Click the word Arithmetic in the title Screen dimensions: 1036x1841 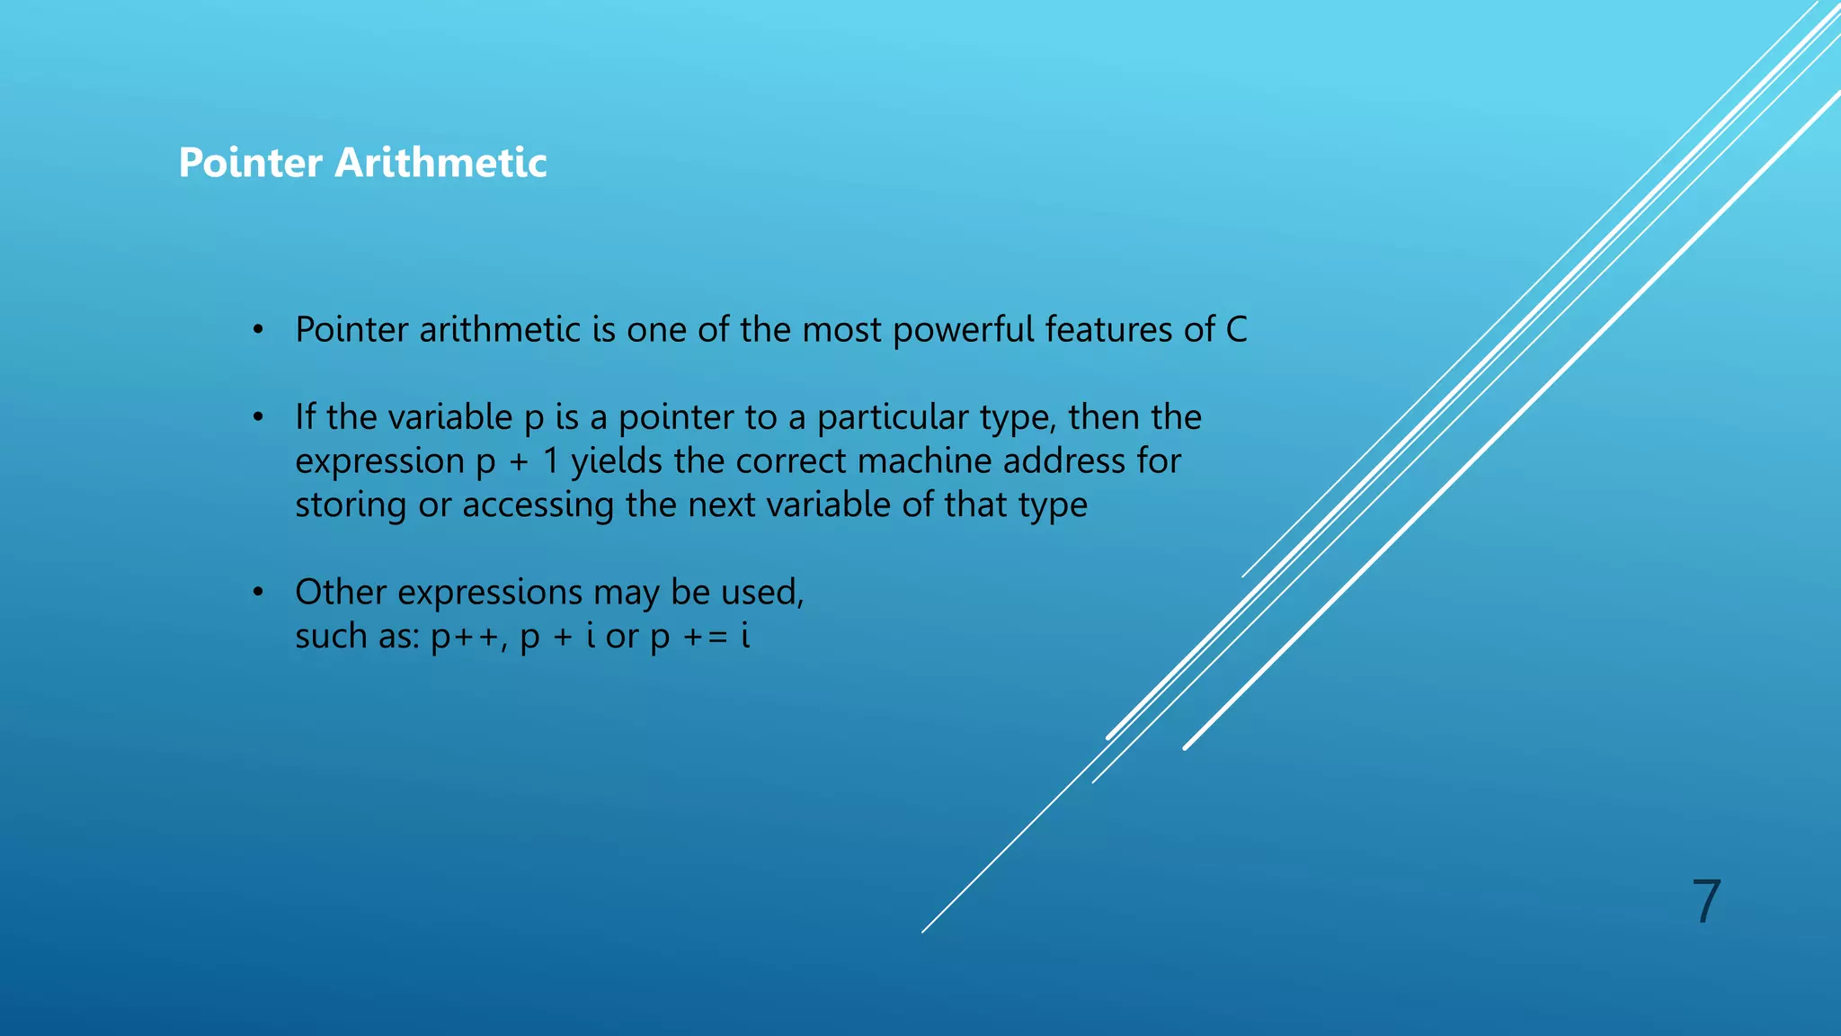(440, 163)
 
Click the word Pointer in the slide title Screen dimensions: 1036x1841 (250, 163)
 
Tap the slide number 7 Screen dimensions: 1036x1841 (1705, 901)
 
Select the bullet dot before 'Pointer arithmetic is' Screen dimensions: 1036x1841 (259, 331)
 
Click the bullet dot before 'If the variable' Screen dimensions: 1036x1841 (259, 418)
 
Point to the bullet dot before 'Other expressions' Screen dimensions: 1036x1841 (259, 593)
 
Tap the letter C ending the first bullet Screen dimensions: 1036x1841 (1236, 330)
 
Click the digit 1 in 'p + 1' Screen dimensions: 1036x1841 (551, 461)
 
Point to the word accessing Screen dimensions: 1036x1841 (538, 505)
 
